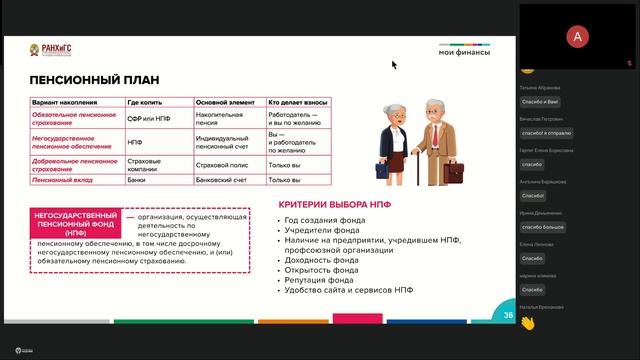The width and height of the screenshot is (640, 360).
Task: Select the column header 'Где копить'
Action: pos(146,102)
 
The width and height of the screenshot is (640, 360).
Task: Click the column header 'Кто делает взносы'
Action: pos(300,102)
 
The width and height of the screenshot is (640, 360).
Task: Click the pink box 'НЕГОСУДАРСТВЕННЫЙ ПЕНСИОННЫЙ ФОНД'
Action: pos(76,223)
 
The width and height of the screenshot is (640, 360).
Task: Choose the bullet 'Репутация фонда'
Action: pos(321,280)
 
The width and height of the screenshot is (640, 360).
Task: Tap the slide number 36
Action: pos(508,315)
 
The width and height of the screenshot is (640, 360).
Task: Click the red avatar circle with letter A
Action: pos(577,37)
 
